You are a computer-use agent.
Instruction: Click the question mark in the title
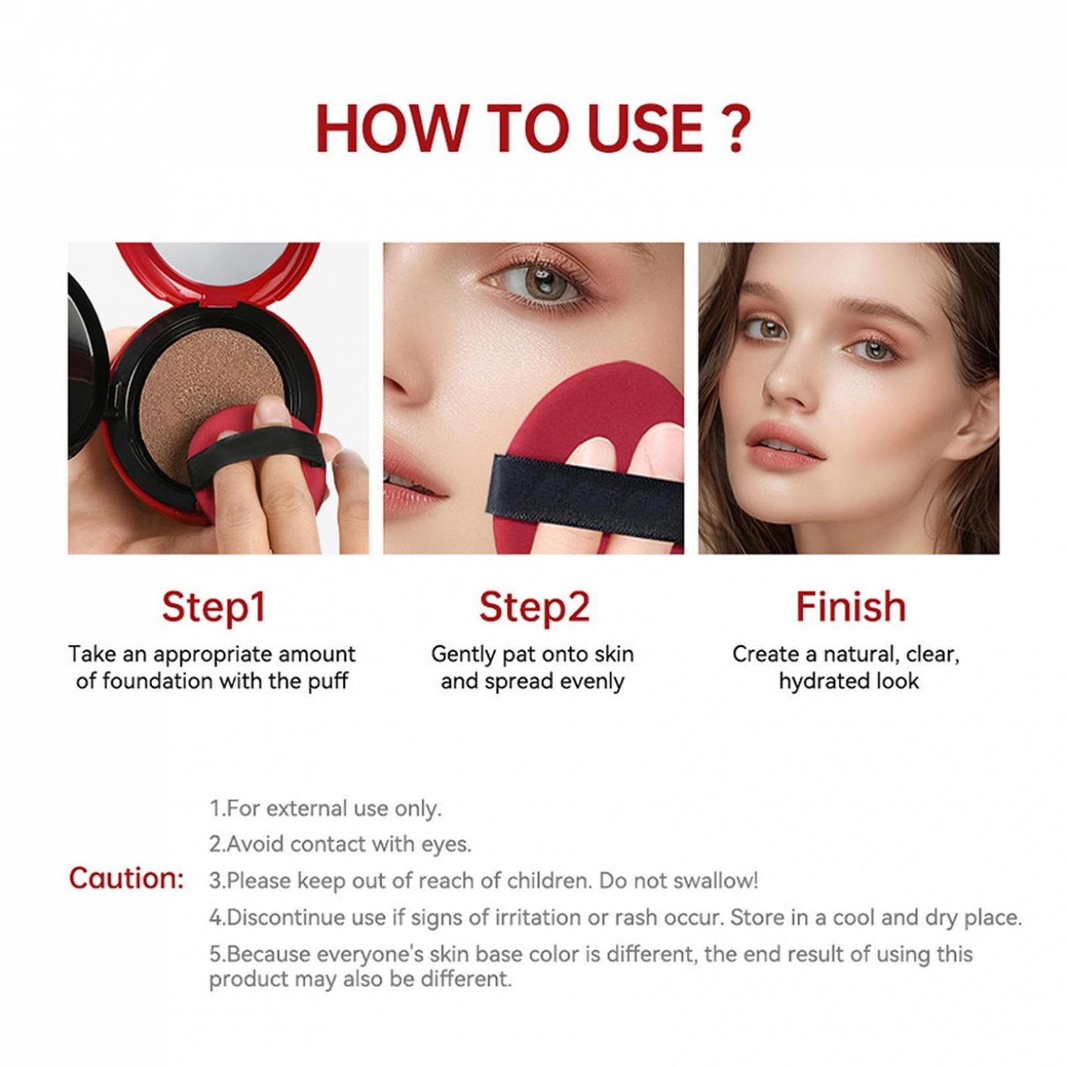(x=736, y=128)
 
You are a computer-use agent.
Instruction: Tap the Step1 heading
(x=213, y=607)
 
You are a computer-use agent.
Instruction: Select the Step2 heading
(x=533, y=607)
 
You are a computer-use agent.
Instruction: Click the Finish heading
(x=850, y=607)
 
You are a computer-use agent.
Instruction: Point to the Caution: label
(x=126, y=878)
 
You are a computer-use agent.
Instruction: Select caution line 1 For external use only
(x=325, y=808)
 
